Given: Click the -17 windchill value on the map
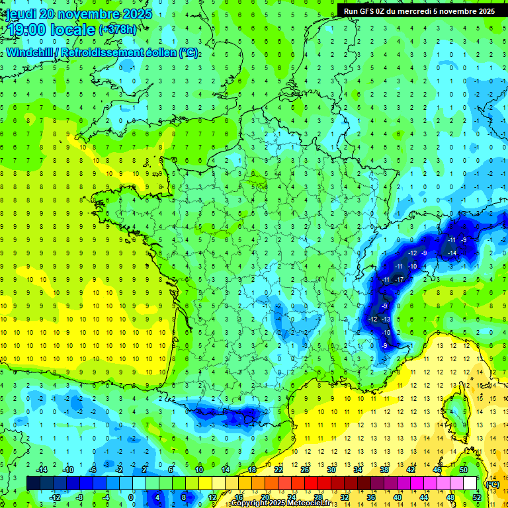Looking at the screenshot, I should pos(399,280).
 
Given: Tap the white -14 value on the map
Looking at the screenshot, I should pos(452,253).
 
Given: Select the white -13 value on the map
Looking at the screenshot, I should pos(386,319).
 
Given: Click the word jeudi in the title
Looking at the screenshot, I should pos(21,14).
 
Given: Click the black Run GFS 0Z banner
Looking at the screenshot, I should pos(419,11).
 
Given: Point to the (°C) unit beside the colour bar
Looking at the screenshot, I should pos(491,484).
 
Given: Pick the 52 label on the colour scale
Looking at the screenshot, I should pos(477,497).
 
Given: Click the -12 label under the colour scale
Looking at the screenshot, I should pos(55,497).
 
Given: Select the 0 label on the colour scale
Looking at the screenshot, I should pos(131,497).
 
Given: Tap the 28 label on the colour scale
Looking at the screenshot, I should pos(317,497).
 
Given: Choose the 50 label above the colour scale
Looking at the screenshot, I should pos(464,470).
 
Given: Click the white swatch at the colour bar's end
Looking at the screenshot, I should pos(470,484).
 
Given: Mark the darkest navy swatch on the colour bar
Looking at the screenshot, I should pos(33,484).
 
